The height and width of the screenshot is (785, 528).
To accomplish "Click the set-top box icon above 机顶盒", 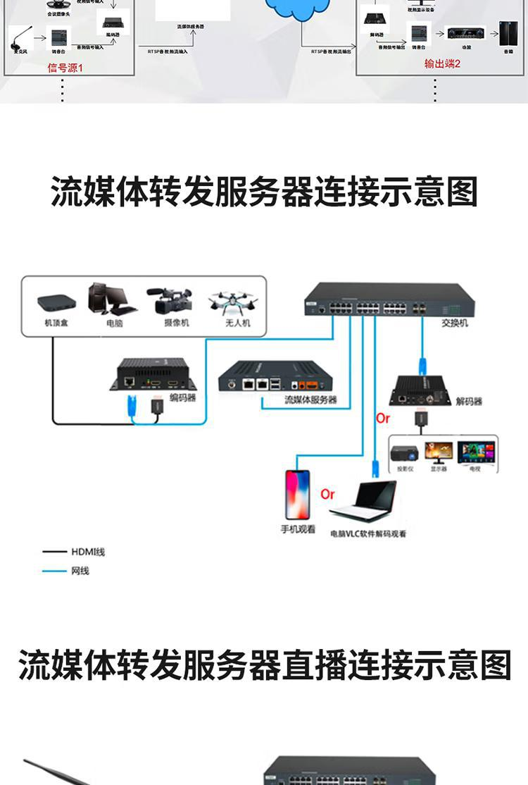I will tap(56, 303).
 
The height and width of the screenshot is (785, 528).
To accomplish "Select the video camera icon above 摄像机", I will tap(170, 301).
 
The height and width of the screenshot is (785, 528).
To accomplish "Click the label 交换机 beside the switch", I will tap(455, 323).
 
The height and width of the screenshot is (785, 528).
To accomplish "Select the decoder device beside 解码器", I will tap(420, 390).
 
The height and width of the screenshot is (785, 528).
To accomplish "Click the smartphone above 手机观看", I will tap(297, 494).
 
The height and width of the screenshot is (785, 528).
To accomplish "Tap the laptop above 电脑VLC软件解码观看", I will tap(364, 501).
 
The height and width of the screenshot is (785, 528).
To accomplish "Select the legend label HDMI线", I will tap(88, 552).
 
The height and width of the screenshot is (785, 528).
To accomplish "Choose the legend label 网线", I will tap(80, 571).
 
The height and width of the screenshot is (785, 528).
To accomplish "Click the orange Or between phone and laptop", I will tap(328, 494).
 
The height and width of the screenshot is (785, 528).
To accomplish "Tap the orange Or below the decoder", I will tap(383, 419).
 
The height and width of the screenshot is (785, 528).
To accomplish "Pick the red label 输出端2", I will tap(442, 64).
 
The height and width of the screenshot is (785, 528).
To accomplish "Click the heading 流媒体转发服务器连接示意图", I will tap(264, 192).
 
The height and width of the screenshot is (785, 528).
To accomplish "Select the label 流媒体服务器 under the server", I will tap(310, 400).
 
